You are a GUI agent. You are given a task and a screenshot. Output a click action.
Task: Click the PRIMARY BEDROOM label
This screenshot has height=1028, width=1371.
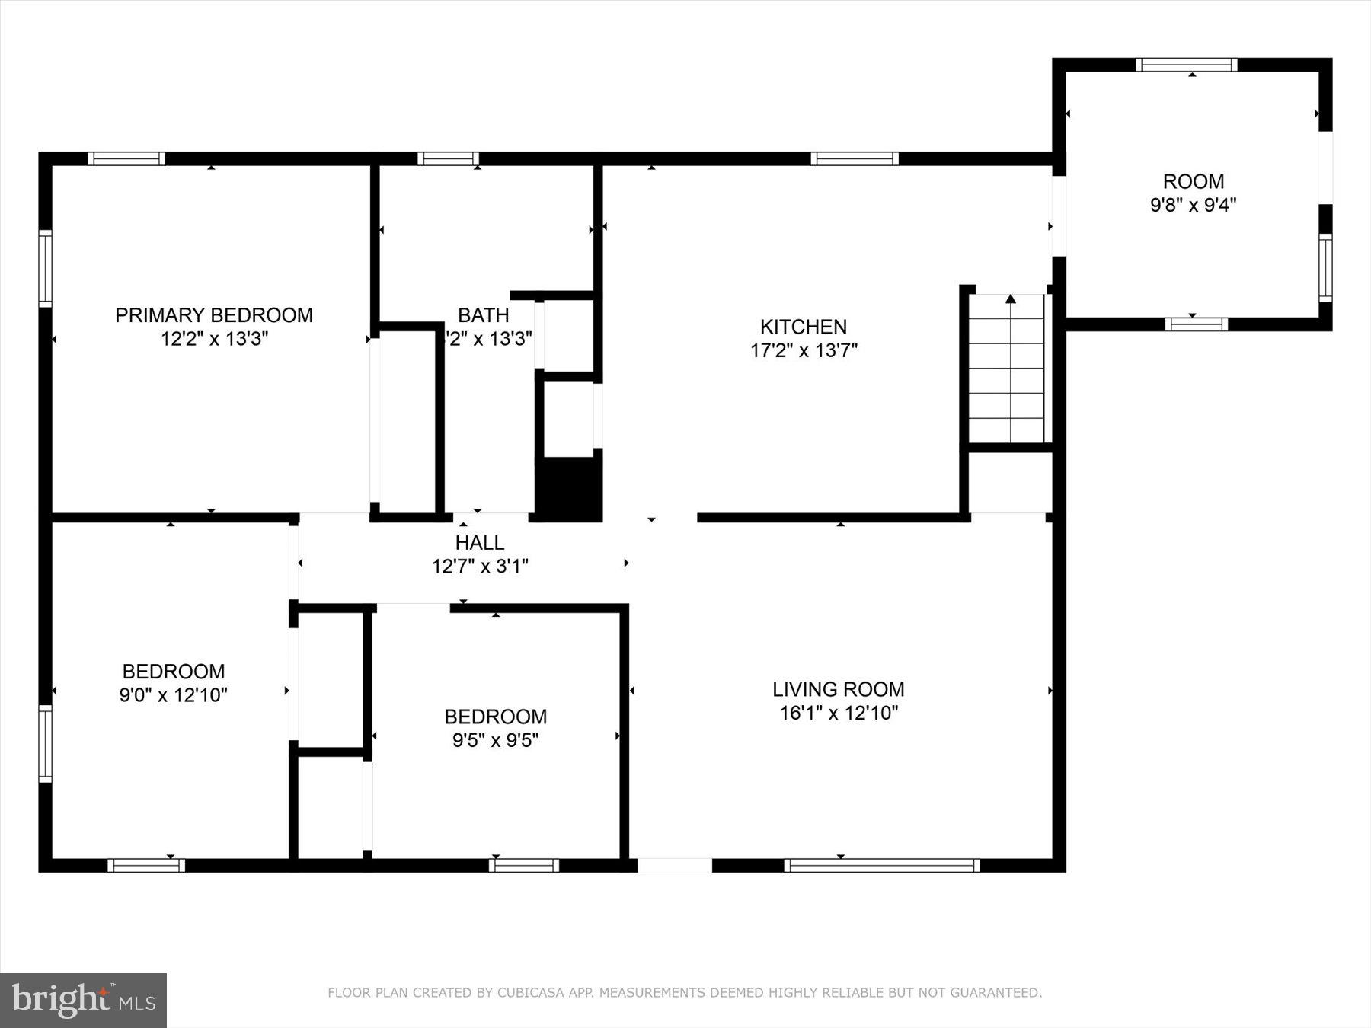click(x=213, y=314)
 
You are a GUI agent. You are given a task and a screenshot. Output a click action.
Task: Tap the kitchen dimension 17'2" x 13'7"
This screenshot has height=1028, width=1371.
click(x=804, y=350)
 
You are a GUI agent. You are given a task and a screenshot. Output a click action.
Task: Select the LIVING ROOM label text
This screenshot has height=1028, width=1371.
click(x=838, y=689)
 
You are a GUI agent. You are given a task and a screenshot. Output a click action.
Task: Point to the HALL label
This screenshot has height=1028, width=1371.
click(x=479, y=542)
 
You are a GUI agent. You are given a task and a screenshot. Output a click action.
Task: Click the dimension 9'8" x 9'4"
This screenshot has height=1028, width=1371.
click(x=1193, y=205)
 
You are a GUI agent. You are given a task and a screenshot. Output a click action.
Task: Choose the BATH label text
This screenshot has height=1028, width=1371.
click(x=483, y=314)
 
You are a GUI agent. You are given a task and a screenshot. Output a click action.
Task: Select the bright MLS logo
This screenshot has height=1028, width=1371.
click(x=83, y=1000)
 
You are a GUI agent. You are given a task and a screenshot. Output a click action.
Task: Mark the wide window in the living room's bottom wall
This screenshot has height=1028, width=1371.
click(x=881, y=865)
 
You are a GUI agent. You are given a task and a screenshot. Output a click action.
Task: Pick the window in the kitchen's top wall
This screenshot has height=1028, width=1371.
click(x=854, y=158)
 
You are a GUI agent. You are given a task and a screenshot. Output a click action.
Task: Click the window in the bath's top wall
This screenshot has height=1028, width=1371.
click(x=448, y=158)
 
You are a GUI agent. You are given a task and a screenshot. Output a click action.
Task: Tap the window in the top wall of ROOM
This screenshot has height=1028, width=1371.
click(x=1186, y=65)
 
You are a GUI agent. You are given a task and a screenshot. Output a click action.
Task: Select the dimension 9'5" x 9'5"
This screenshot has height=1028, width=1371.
click(x=495, y=740)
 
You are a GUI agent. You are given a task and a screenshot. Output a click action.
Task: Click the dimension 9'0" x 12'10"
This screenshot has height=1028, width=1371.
click(x=173, y=694)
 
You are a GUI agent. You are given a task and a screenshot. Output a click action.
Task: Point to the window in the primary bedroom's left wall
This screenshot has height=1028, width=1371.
click(x=46, y=268)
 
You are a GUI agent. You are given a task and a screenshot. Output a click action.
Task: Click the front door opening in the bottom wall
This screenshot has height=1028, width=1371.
click(x=674, y=865)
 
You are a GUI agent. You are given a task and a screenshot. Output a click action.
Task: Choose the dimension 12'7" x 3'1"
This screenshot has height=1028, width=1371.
click(x=480, y=567)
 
